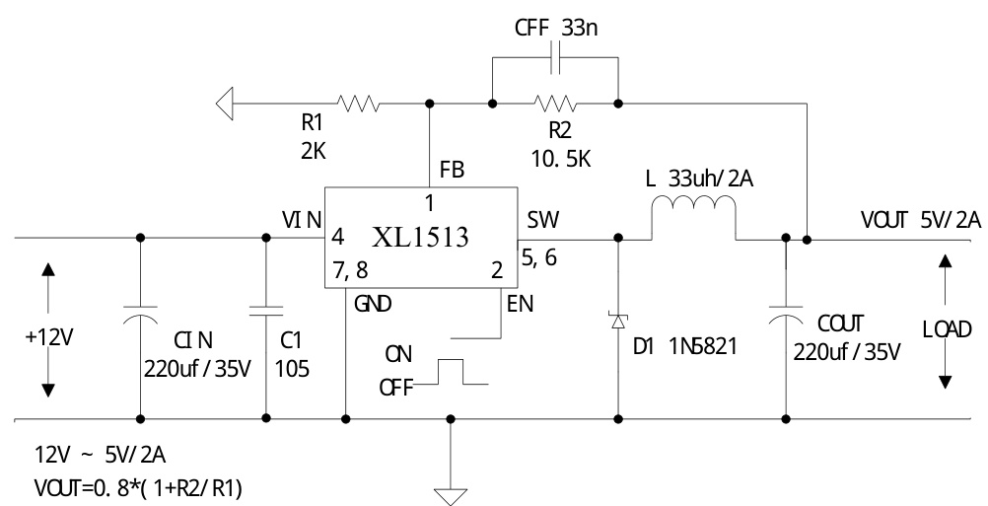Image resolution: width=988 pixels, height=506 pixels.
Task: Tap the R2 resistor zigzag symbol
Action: click(x=553, y=102)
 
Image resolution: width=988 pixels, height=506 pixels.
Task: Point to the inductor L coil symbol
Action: click(x=693, y=210)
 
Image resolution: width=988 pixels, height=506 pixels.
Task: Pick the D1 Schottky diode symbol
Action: click(x=618, y=320)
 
